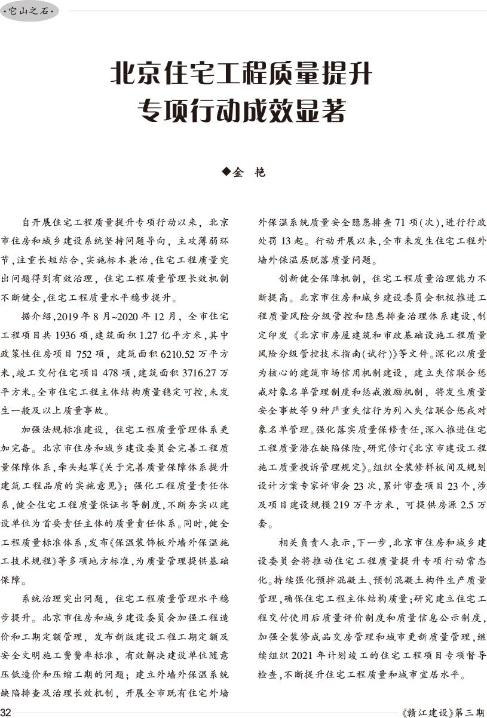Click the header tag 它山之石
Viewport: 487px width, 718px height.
click(x=30, y=11)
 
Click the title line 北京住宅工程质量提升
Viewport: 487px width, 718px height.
click(x=241, y=76)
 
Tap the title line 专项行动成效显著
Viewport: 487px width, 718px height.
click(x=241, y=111)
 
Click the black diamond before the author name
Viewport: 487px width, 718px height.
click(x=226, y=172)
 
